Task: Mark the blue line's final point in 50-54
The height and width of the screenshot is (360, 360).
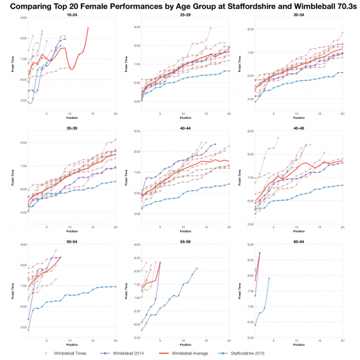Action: point(115,287)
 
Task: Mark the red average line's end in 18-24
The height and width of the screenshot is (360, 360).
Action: point(88,28)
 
